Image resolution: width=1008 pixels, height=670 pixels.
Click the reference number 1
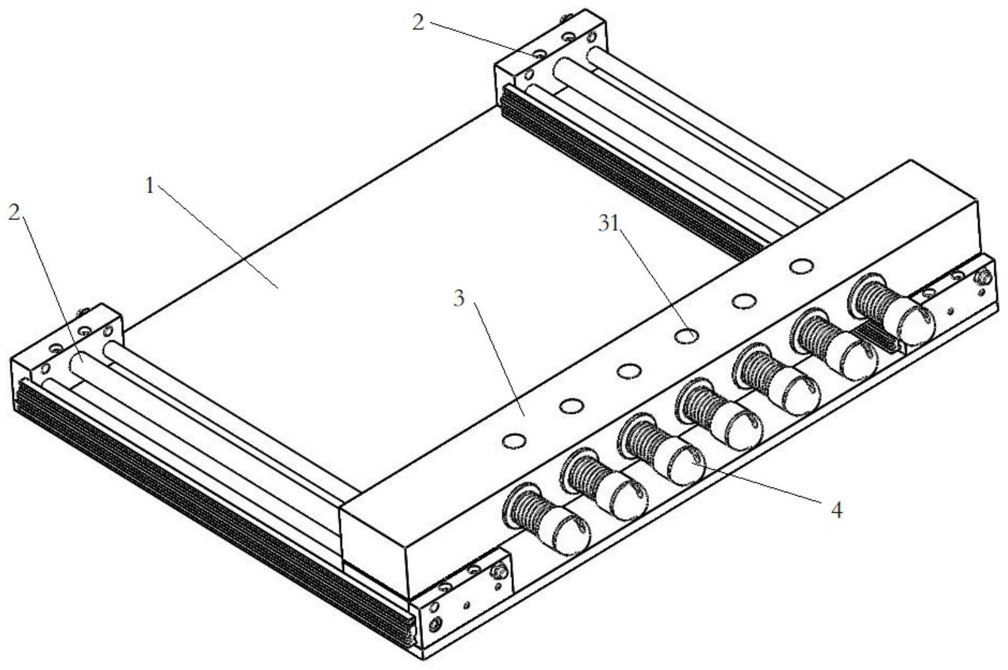(x=150, y=185)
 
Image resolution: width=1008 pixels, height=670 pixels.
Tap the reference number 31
(x=609, y=223)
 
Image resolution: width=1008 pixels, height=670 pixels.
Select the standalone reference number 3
(x=459, y=299)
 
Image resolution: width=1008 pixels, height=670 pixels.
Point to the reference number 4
(x=836, y=510)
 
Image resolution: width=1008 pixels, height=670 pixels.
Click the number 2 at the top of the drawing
(x=419, y=22)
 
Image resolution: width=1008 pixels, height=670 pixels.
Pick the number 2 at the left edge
(x=14, y=212)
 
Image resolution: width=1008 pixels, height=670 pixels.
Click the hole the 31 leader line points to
(x=687, y=335)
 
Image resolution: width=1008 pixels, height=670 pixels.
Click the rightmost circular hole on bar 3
(x=802, y=266)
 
